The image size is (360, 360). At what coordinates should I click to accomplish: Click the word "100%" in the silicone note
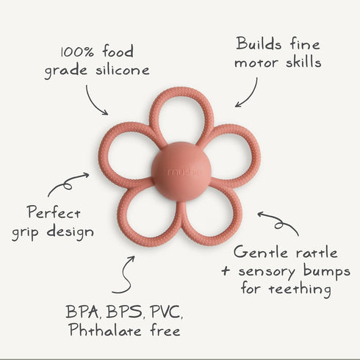(77, 51)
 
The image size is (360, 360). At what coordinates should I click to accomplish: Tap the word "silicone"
(123, 70)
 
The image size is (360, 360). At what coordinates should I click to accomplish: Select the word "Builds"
(259, 44)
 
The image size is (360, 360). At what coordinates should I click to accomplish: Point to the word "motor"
(256, 63)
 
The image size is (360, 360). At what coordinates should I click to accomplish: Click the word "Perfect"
(54, 212)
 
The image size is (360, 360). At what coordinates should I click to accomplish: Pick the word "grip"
(26, 233)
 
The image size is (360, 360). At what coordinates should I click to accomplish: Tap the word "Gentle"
(261, 252)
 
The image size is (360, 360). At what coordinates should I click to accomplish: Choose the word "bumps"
(327, 272)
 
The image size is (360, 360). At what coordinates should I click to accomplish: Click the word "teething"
(300, 289)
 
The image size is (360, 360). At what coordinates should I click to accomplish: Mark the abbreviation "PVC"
(167, 312)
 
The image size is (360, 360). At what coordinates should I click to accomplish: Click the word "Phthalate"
(105, 330)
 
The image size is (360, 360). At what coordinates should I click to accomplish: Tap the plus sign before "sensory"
(226, 271)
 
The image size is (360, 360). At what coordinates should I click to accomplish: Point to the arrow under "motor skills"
(252, 96)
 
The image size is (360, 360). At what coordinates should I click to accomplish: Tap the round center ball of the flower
(181, 172)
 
